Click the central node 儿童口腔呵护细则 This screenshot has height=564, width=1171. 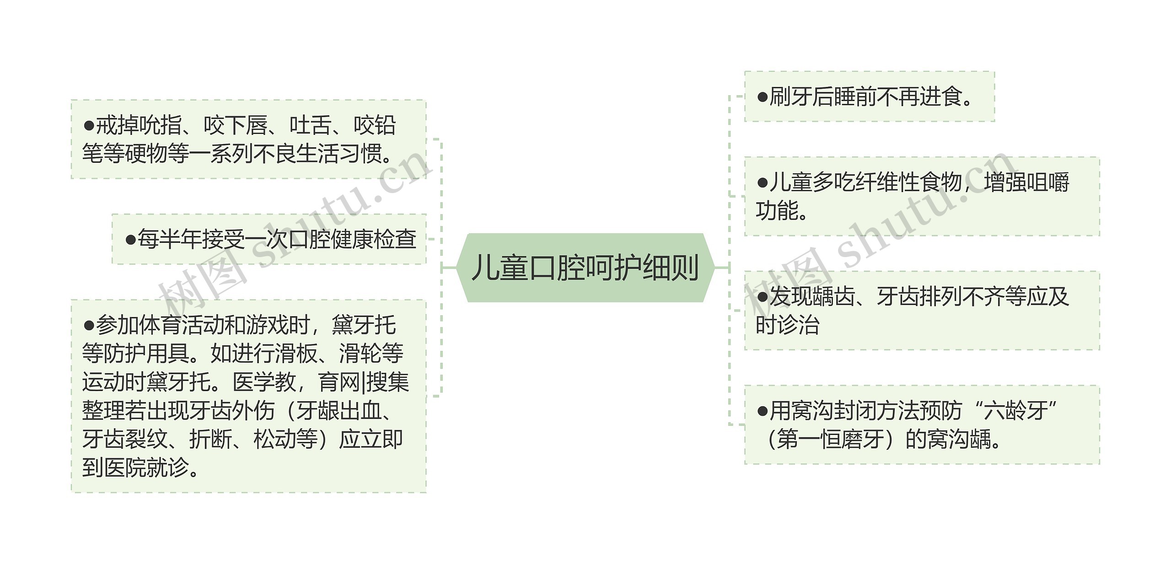pos(585,268)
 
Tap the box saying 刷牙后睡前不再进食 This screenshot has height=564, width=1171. pos(869,97)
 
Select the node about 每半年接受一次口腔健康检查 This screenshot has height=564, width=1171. pos(270,239)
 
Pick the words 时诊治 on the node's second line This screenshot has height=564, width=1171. pos(787,325)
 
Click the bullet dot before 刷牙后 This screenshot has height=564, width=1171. pos(762,97)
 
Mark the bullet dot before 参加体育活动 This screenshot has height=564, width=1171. pos(89,325)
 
